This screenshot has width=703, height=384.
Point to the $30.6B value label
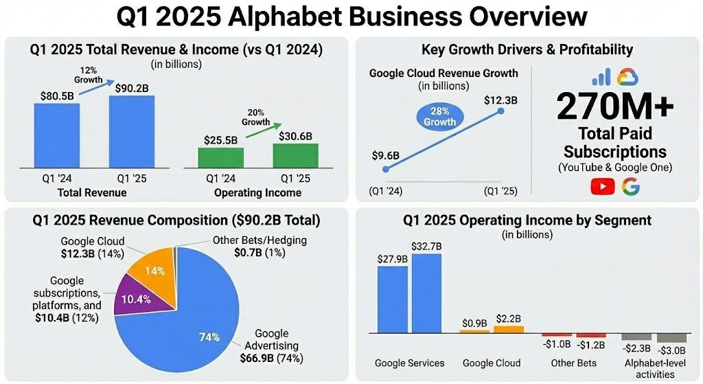click(295, 136)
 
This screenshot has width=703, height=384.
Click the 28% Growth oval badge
click(440, 116)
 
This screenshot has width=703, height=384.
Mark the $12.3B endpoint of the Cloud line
click(500, 111)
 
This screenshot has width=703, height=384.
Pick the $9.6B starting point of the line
click(386, 169)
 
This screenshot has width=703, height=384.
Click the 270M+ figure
click(615, 106)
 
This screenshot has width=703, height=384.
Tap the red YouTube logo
click(602, 186)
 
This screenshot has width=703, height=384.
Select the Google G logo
click(630, 186)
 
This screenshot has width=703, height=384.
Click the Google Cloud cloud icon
click(627, 76)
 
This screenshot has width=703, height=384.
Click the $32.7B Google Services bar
click(426, 293)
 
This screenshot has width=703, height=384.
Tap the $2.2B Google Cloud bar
click(508, 329)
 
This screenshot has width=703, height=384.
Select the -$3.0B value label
click(672, 349)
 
